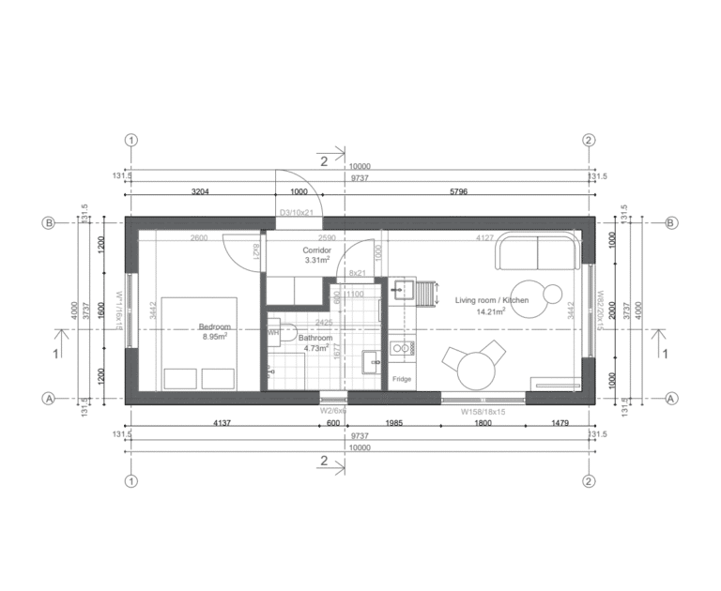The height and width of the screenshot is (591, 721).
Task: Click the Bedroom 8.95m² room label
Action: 214,331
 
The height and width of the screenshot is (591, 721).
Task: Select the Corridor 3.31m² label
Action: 315,255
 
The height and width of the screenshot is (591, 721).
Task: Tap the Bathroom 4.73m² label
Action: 315,342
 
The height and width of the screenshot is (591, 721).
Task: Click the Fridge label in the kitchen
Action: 402,379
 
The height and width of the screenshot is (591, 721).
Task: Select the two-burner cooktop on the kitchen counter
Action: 403,349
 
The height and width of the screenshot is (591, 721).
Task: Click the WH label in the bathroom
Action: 273,332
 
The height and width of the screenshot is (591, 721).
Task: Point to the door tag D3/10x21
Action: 298,213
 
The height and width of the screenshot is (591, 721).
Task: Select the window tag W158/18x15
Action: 483,411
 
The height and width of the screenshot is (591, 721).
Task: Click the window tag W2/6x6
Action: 333,410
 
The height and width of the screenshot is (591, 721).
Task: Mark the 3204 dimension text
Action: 200,191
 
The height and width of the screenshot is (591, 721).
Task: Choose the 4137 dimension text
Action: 222,423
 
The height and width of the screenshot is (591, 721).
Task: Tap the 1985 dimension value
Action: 394,423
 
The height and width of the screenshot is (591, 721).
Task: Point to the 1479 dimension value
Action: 557,423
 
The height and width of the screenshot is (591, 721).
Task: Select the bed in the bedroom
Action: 199,344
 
